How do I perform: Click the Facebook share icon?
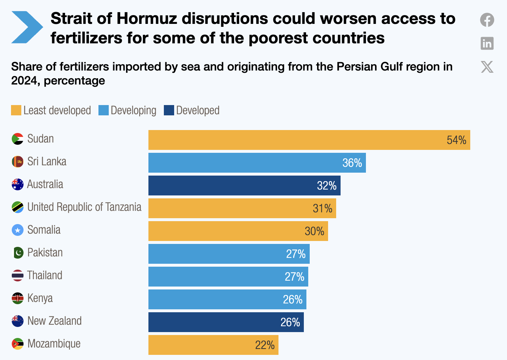487,20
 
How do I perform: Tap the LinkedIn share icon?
487,43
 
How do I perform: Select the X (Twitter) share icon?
487,67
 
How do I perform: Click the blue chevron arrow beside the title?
27,27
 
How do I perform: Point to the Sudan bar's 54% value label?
456,140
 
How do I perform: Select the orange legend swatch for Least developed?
16,110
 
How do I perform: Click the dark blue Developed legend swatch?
169,110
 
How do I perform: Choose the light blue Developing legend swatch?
104,110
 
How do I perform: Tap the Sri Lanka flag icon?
18,162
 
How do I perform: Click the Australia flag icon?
18,184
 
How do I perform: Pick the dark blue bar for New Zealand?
226,322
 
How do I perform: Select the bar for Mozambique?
213,345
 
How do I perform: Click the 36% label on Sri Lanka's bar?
352,163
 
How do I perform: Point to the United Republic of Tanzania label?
84,207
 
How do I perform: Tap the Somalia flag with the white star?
18,230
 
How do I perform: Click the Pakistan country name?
45,253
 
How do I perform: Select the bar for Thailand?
228,277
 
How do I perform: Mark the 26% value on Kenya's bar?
292,299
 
